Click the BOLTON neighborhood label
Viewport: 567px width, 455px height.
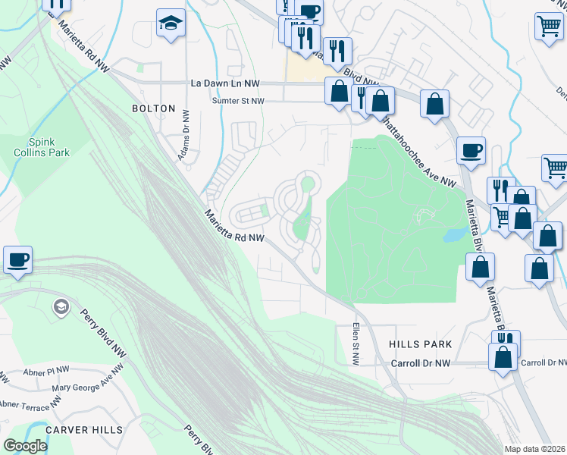(154, 108)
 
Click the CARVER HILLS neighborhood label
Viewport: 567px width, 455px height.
(83, 430)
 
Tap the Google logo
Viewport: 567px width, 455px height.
(25, 446)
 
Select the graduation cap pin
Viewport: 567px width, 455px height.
(171, 24)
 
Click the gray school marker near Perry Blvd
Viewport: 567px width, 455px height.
(60, 307)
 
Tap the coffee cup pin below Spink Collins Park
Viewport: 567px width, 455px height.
(18, 259)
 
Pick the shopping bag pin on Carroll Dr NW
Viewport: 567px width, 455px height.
(503, 356)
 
